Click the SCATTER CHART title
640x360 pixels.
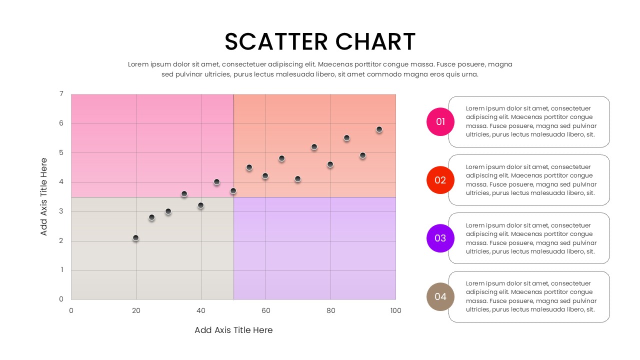tap(320, 41)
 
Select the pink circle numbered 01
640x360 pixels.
tap(440, 121)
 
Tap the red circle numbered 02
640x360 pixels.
tap(440, 180)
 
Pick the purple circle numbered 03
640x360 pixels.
tap(440, 238)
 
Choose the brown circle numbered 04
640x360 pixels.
tap(440, 296)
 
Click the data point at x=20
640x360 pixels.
tap(135, 238)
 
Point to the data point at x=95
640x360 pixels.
tap(379, 129)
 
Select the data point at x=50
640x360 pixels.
tap(233, 191)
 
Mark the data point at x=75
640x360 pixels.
tap(314, 147)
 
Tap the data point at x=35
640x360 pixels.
tap(184, 194)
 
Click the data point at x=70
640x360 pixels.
tap(297, 179)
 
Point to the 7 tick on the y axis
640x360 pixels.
tap(61, 93)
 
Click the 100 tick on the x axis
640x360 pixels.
tap(395, 310)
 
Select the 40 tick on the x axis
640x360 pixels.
tap(201, 310)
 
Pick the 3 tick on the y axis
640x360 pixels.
tap(61, 211)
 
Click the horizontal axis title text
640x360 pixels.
tap(233, 330)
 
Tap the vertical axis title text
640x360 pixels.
tap(44, 196)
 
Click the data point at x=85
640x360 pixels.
tap(346, 138)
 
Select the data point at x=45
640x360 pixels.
tap(216, 182)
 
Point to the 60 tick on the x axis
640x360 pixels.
tap(265, 310)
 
